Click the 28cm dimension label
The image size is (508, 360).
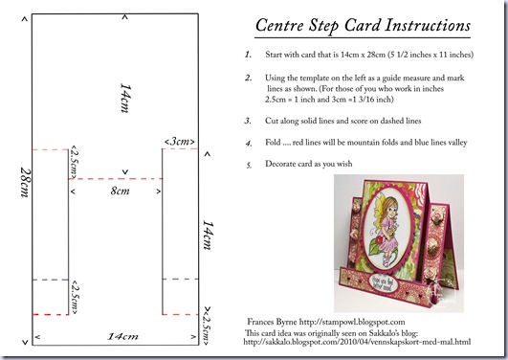(x=25, y=182)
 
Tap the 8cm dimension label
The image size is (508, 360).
(x=120, y=191)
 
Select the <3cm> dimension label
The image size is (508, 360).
(x=180, y=142)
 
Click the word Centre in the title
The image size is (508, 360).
(x=279, y=25)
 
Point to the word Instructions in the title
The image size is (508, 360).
(x=428, y=25)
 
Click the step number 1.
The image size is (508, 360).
(x=248, y=55)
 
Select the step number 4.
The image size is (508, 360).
(x=249, y=143)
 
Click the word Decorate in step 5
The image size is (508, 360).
(x=280, y=164)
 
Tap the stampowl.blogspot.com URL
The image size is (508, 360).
(x=352, y=322)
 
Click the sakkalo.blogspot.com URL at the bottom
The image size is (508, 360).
(x=357, y=342)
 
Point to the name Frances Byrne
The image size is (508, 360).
(x=272, y=322)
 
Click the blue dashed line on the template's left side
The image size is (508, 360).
(x=51, y=280)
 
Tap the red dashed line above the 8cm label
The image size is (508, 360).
(x=116, y=179)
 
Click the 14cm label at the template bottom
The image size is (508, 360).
(x=122, y=336)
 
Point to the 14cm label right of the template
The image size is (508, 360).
(x=208, y=236)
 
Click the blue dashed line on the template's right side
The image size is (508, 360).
(x=181, y=279)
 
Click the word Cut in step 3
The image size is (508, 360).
(x=271, y=121)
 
